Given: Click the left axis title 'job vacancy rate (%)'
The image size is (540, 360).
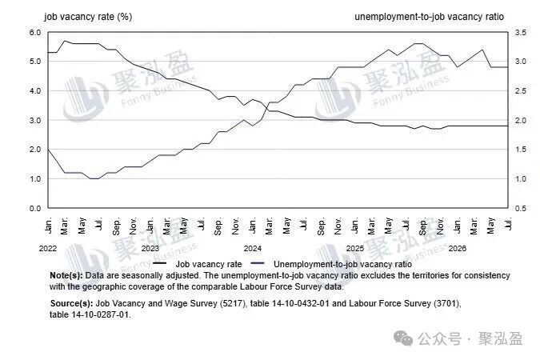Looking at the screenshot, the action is click(88, 17).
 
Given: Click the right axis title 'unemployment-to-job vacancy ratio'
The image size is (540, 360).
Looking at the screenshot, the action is click(429, 17).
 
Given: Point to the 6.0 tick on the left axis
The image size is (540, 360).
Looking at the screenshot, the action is click(35, 32).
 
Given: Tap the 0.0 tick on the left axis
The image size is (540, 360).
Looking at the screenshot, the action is click(35, 209).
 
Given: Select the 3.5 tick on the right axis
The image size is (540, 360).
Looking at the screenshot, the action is click(520, 32).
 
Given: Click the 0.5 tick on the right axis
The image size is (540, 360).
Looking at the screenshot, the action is click(520, 209).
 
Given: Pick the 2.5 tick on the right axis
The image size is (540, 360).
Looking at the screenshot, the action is click(520, 91).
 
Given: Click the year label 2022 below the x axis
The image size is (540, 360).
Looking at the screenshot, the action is click(48, 248).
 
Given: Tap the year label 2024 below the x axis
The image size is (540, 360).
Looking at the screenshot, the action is click(253, 248).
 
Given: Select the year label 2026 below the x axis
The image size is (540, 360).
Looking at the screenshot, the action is click(458, 248).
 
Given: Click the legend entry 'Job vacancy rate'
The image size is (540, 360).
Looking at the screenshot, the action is click(209, 264).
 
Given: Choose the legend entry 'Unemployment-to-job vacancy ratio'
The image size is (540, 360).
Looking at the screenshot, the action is click(342, 264).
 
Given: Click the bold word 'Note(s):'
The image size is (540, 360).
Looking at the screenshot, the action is click(66, 275).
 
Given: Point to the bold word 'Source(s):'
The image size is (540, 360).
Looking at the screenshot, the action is click(71, 303).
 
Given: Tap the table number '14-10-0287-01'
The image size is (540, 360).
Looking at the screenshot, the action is click(100, 314).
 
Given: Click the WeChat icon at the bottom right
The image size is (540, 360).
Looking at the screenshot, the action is click(403, 338).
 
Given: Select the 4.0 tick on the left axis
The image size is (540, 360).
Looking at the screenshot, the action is click(35, 91).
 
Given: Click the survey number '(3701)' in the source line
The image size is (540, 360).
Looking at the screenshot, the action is click(446, 303).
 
